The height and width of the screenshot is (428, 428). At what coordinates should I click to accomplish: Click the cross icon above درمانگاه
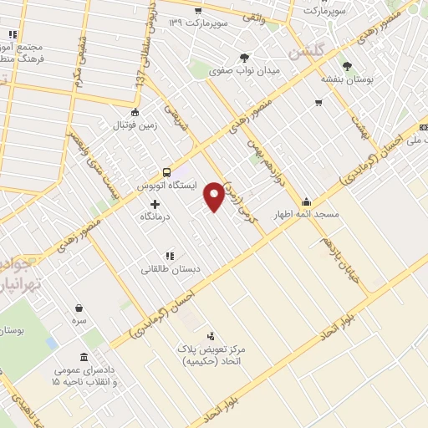coord(155,203)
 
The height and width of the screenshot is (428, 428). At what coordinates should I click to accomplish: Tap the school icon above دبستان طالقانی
coord(169,256)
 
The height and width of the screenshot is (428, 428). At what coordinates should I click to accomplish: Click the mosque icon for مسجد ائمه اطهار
coord(307,201)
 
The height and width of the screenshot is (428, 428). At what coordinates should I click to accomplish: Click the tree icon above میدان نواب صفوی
coord(244,57)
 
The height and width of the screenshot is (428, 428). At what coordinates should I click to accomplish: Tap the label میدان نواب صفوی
coord(244,71)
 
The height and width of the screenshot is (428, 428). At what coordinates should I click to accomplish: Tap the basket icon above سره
coord(79,308)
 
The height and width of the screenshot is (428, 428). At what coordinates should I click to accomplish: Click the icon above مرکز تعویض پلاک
coord(209,334)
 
